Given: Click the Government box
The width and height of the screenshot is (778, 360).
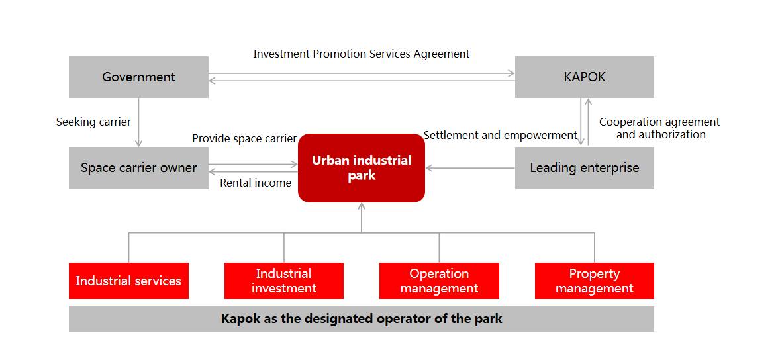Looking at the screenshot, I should click(138, 77).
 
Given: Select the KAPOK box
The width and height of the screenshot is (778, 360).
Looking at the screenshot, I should click(584, 77).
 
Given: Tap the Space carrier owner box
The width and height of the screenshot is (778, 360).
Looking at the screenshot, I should click(138, 168).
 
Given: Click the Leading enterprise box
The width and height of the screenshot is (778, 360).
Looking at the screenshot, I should click(584, 168).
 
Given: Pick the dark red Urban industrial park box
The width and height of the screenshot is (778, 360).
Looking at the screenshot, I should click(362, 168).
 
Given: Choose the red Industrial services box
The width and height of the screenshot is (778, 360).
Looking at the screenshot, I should click(128, 281).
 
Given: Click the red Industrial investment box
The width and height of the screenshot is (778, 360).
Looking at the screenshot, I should click(284, 281).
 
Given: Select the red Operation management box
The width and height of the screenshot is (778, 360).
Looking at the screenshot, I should click(439, 281).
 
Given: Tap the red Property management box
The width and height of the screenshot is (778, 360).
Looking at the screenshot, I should click(594, 281).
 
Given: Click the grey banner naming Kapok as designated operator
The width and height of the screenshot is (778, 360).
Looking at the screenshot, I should click(362, 319).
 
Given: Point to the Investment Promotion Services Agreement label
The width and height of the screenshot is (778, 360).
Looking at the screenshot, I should click(362, 54).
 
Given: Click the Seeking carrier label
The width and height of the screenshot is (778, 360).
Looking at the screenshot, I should click(93, 122).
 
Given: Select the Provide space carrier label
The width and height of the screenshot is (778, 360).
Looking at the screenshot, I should click(244, 138).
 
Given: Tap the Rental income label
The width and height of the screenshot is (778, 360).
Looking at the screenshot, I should click(256, 183).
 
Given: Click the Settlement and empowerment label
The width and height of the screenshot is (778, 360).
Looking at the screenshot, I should click(501, 135).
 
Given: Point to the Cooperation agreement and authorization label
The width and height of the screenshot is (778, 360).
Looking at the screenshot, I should click(659, 128).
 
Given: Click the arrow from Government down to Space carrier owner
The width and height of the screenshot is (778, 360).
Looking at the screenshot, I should click(138, 122).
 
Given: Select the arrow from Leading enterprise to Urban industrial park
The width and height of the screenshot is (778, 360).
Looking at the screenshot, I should click(470, 168).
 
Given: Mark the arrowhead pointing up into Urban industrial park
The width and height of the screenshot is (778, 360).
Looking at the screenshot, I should click(362, 206).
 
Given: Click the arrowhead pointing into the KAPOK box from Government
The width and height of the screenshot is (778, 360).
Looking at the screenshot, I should click(511, 73).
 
